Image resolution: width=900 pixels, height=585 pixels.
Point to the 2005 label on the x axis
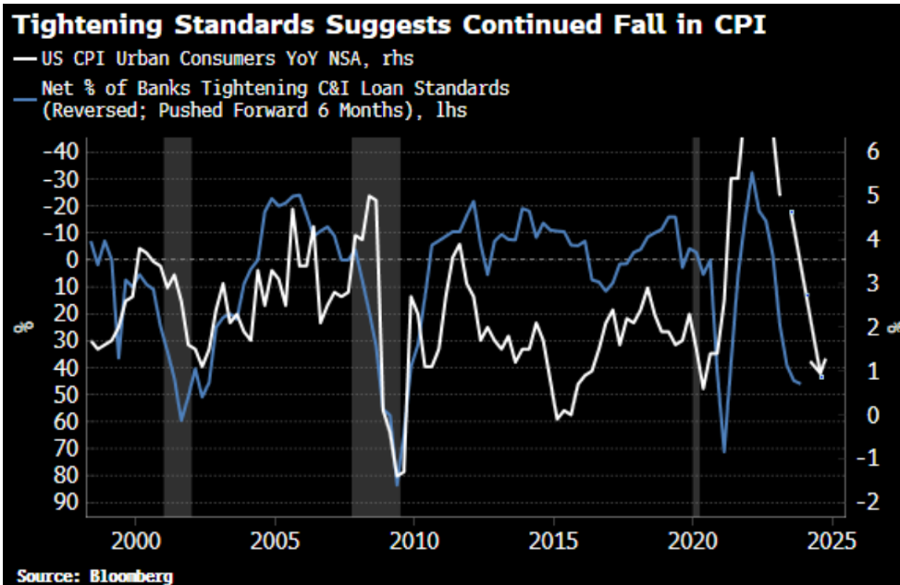[x=275, y=538]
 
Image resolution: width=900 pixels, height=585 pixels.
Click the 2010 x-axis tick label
[x=414, y=538]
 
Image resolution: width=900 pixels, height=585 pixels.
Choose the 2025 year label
[x=832, y=538]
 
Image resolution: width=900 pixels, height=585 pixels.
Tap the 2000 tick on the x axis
[x=136, y=538]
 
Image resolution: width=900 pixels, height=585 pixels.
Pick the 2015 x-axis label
[x=553, y=538]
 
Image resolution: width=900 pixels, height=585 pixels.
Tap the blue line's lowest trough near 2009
[x=397, y=484]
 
